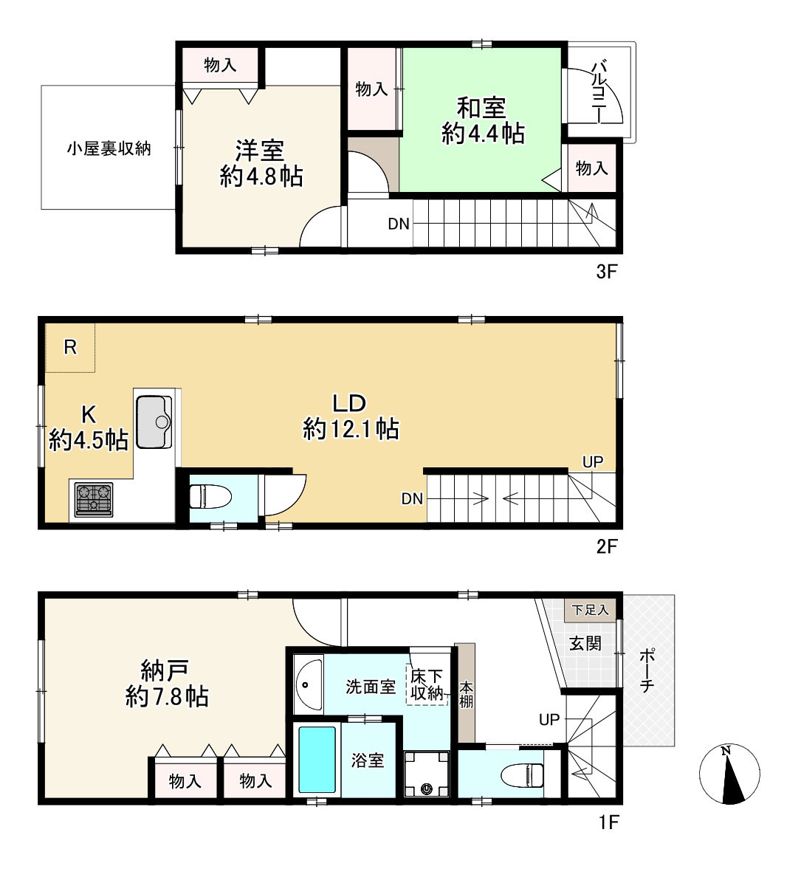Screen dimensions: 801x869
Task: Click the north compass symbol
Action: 729,774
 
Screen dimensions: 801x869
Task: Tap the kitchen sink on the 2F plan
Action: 154,421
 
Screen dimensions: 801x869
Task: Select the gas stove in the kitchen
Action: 94,499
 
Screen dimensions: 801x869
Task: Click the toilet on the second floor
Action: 210,496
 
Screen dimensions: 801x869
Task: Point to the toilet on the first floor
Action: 522,774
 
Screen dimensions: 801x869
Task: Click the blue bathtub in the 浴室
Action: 317,760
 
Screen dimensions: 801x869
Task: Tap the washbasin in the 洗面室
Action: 308,684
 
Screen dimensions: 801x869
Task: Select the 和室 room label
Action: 481,108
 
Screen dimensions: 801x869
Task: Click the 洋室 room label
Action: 260,151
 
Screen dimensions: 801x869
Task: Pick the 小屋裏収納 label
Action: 109,148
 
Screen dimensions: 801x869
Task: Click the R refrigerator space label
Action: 70,347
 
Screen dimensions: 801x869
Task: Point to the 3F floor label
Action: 606,272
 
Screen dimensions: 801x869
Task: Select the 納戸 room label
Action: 165,670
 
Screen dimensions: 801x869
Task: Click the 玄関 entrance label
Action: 585,643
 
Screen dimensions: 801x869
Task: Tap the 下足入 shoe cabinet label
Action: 591,610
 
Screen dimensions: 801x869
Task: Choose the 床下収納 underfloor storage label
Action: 427,684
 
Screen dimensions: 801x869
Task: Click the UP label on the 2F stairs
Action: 593,461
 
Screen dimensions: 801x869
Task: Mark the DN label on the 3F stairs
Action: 399,224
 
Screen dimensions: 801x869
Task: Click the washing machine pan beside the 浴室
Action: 426,774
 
